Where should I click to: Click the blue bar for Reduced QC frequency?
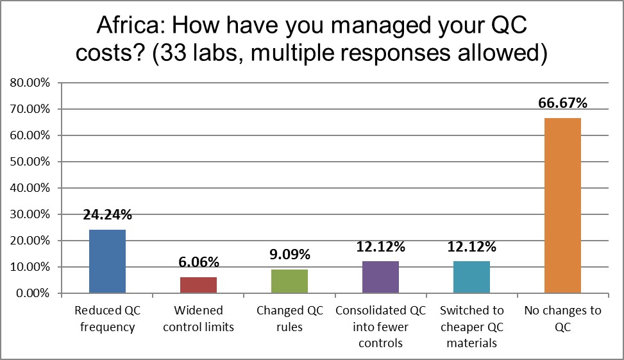click(x=107, y=261)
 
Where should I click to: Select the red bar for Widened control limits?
click(x=199, y=285)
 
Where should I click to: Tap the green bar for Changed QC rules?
click(x=289, y=281)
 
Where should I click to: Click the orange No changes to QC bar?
click(x=562, y=205)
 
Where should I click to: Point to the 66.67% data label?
click(x=562, y=103)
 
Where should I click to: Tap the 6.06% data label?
click(x=199, y=262)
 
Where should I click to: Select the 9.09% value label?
click(x=289, y=255)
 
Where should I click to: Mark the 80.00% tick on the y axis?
click(x=31, y=83)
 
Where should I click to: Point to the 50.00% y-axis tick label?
click(x=31, y=162)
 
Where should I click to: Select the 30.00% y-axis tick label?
click(x=31, y=214)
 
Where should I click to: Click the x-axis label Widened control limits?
click(x=199, y=319)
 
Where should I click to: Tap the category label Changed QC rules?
click(x=289, y=319)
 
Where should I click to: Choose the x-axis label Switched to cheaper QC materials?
click(x=471, y=326)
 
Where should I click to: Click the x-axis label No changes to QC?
click(x=562, y=319)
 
